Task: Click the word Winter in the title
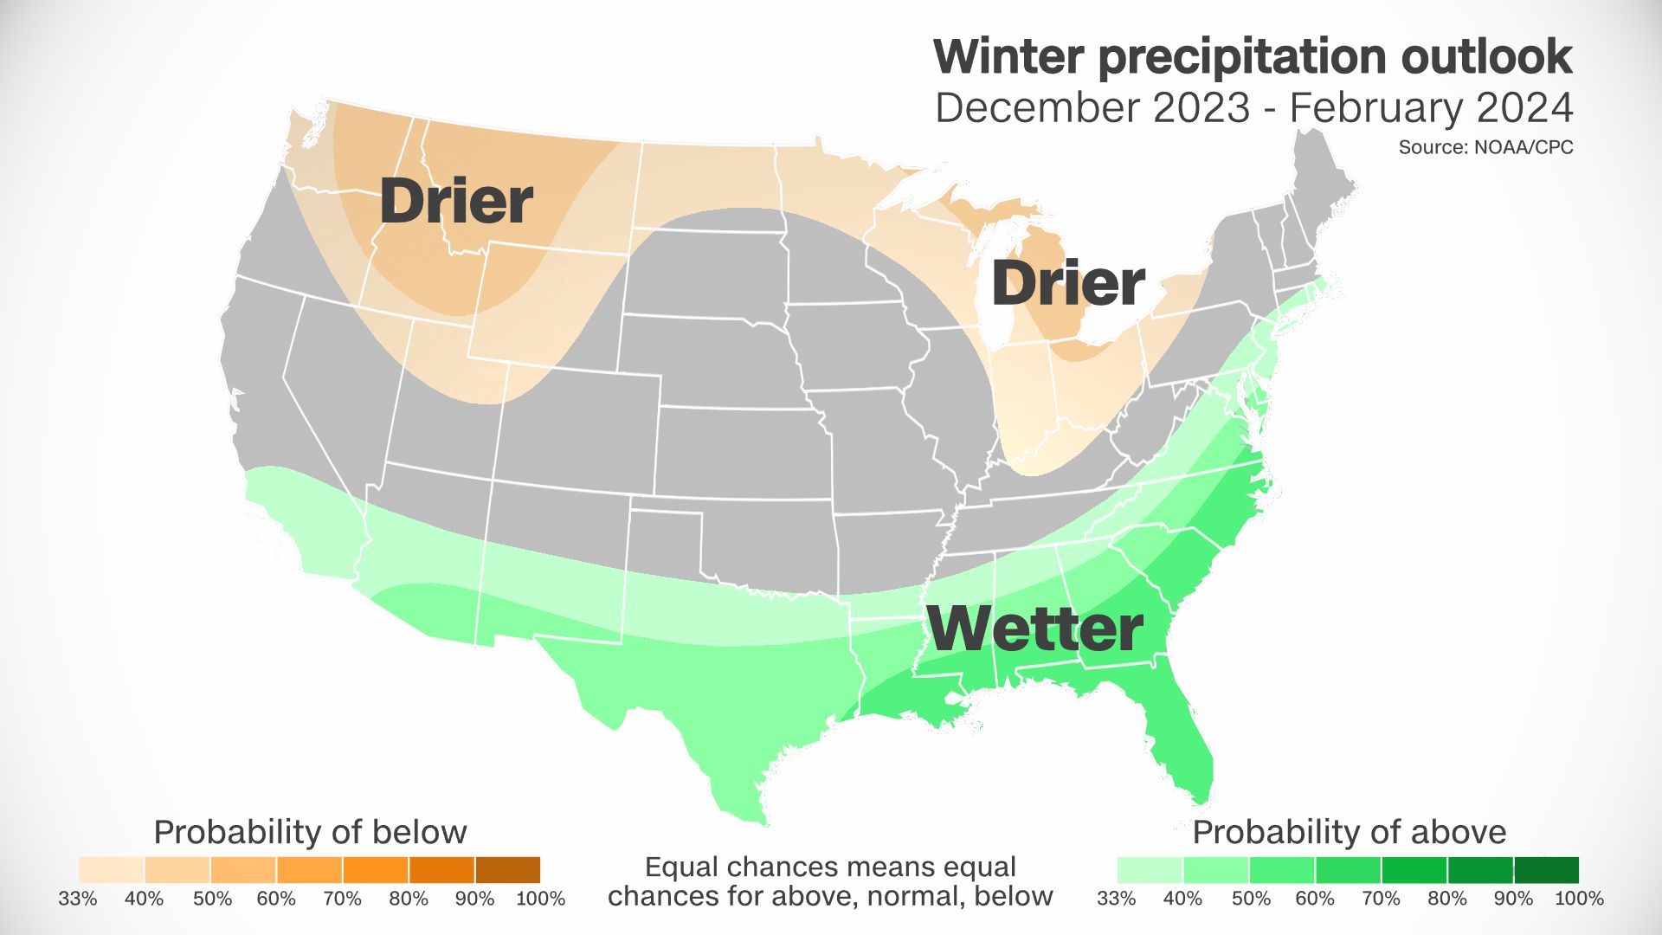click(1008, 57)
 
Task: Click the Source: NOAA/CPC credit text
click(1485, 147)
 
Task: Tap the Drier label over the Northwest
click(456, 201)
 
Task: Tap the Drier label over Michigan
click(1067, 283)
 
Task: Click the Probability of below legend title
click(310, 832)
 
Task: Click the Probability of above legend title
click(1349, 832)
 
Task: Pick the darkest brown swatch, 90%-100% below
click(507, 869)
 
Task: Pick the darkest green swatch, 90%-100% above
click(1546, 869)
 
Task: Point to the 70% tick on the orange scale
click(343, 899)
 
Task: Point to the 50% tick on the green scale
click(1250, 899)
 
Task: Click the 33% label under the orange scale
click(78, 899)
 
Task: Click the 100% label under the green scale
click(1579, 899)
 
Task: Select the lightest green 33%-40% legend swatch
click(1150, 869)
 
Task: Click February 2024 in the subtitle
click(1430, 108)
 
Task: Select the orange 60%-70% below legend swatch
click(309, 869)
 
